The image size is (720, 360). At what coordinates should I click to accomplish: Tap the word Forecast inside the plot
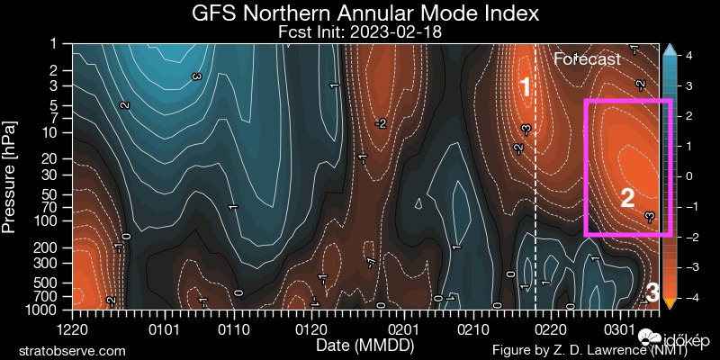(x=587, y=59)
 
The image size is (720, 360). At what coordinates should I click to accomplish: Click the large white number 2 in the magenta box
(x=628, y=198)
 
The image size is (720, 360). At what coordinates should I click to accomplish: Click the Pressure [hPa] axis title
(x=11, y=175)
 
